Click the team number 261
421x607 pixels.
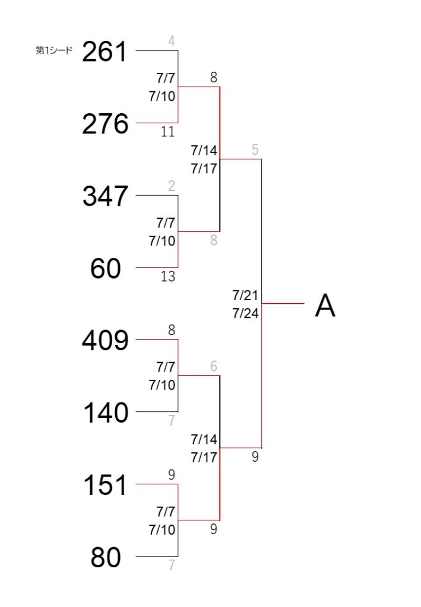click(x=105, y=52)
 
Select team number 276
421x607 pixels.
click(x=105, y=124)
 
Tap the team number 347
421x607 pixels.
click(x=105, y=196)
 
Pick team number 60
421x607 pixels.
click(x=106, y=269)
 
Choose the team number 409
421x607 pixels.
click(x=105, y=341)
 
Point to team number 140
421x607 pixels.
click(x=106, y=413)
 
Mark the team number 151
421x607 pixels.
click(x=106, y=485)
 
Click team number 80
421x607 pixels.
click(x=106, y=557)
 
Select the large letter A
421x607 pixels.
click(x=325, y=306)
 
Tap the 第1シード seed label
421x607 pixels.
click(x=54, y=50)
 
